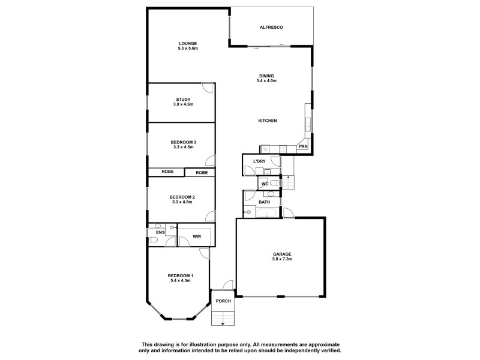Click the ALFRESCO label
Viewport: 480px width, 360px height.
click(271, 28)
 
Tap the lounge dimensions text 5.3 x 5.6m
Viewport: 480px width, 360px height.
click(188, 49)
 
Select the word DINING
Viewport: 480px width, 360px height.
click(266, 75)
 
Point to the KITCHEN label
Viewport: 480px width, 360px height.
click(267, 121)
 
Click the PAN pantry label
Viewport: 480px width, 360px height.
click(303, 146)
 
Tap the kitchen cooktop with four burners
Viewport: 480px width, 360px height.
click(265, 148)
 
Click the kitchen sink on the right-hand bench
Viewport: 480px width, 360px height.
click(308, 125)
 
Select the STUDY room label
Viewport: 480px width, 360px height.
click(183, 99)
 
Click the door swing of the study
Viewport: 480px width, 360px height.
click(207, 88)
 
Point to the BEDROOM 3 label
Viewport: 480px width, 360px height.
click(183, 142)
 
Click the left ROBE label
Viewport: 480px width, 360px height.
click(167, 172)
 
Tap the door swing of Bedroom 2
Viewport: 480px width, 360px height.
click(210, 217)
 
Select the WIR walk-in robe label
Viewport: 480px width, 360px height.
click(196, 238)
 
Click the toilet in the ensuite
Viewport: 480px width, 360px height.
click(153, 241)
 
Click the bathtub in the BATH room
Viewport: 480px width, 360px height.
click(263, 212)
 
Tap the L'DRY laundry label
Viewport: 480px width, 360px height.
click(259, 161)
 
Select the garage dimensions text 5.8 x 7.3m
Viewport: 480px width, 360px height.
click(281, 260)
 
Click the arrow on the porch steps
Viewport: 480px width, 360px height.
click(223, 323)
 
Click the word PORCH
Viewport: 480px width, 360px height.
click(223, 301)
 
